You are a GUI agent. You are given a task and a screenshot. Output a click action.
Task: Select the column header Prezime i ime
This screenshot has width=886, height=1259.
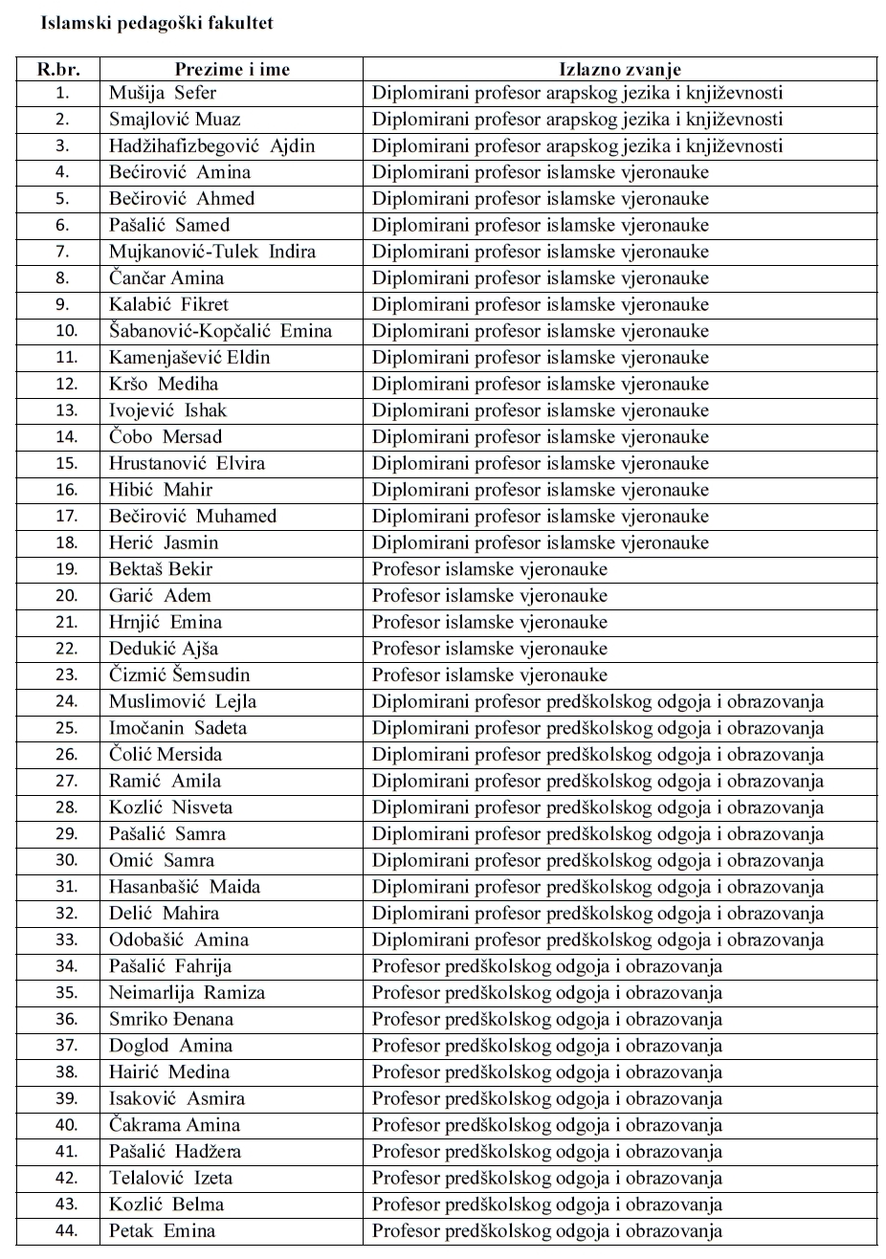232,70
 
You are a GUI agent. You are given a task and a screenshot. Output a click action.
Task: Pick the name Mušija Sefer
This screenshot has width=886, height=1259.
163,94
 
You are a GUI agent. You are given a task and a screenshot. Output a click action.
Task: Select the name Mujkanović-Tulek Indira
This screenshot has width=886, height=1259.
212,252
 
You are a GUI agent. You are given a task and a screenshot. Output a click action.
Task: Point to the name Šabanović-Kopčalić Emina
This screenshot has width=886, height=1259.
220,331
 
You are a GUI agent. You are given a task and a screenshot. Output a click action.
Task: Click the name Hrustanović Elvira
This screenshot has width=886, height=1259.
187,463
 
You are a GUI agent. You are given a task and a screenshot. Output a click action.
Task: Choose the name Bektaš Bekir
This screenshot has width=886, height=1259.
161,569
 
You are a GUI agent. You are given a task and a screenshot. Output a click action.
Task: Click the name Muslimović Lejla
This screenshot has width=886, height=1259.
183,701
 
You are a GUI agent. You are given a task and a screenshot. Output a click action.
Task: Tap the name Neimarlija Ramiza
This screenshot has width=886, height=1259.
187,992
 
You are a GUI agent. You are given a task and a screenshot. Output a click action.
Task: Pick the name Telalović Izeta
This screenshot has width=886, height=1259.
171,1178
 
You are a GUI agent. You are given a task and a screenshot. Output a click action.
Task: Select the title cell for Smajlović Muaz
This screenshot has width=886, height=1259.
578,120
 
